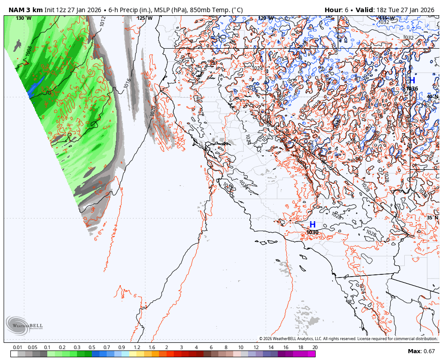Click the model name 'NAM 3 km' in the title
pyautogui.click(x=25, y=10)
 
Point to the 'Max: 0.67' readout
pyautogui.click(x=421, y=351)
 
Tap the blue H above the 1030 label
pyautogui.click(x=312, y=224)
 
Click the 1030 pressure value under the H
pyautogui.click(x=312, y=232)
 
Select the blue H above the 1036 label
pyautogui.click(x=411, y=81)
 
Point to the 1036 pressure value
pyautogui.click(x=412, y=89)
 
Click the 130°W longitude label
pyautogui.click(x=23, y=18)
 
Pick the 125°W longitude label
pyautogui.click(x=145, y=18)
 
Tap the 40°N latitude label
pyautogui.click(x=432, y=96)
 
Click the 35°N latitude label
pyautogui.click(x=432, y=218)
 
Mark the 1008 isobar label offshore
pyautogui.click(x=29, y=51)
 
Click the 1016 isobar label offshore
pyautogui.click(x=127, y=83)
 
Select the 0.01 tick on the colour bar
pyautogui.click(x=18, y=347)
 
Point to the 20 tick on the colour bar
pyautogui.click(x=315, y=347)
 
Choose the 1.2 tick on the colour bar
pyautogui.click(x=137, y=347)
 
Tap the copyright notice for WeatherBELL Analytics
pyautogui.click(x=348, y=339)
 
